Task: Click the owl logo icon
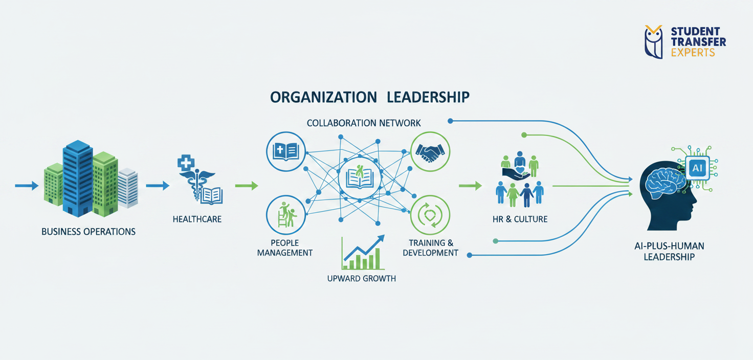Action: (653, 41)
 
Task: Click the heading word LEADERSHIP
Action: (428, 97)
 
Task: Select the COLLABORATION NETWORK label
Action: (364, 123)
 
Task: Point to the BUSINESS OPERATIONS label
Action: (88, 232)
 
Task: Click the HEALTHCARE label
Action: (197, 219)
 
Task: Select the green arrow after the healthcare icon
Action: (247, 186)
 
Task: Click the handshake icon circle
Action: (430, 152)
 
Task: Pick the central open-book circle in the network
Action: (359, 177)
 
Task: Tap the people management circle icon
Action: (286, 215)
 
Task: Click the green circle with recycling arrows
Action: (430, 215)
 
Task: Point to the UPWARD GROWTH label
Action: (361, 279)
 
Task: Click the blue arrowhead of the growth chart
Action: (380, 239)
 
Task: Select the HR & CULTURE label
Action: (520, 219)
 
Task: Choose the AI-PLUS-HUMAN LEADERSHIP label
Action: (669, 252)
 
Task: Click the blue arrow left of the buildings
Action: (27, 186)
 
